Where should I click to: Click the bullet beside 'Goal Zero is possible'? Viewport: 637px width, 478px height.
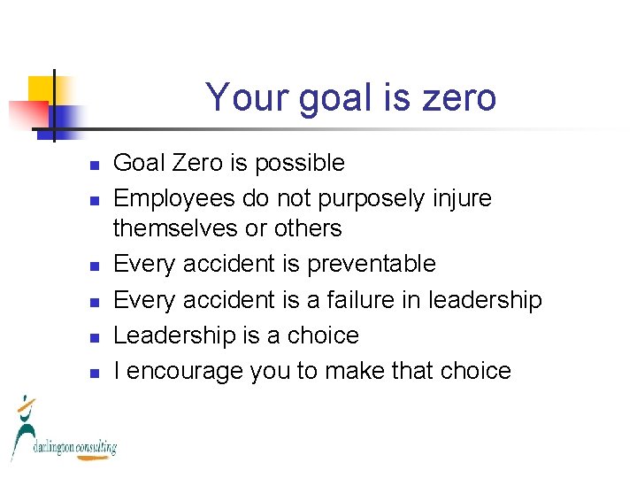coord(95,165)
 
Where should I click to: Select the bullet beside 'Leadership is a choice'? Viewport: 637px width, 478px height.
coord(95,337)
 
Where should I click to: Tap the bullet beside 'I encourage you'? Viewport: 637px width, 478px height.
coord(95,373)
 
